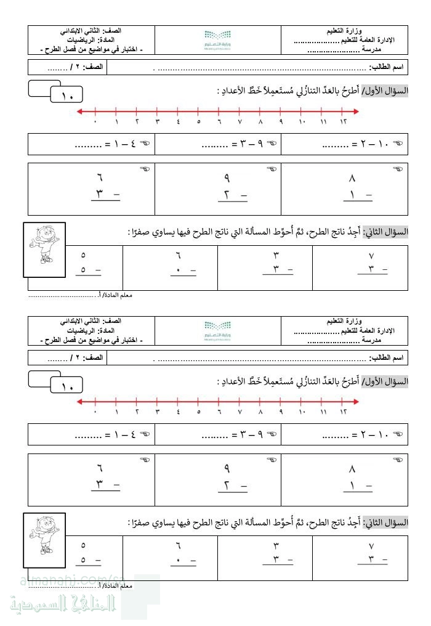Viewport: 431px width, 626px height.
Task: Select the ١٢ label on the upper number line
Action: pos(343,121)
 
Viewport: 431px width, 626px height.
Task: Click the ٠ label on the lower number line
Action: pos(95,412)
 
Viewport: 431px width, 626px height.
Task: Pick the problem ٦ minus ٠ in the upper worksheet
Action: pos(179,262)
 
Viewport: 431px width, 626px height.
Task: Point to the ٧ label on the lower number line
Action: pos(240,412)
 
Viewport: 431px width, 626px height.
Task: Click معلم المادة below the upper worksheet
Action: pos(117,295)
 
